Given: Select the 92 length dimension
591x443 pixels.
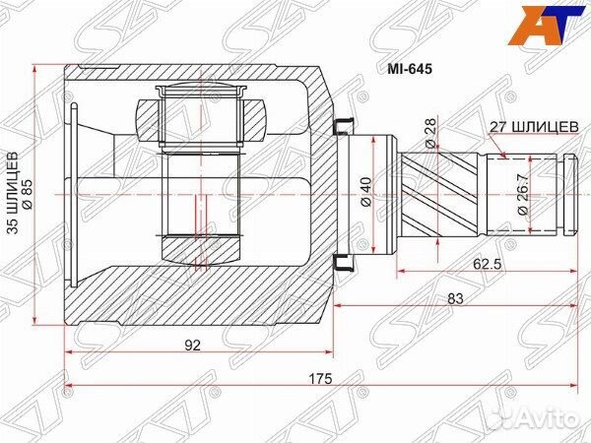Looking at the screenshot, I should [192, 345].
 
